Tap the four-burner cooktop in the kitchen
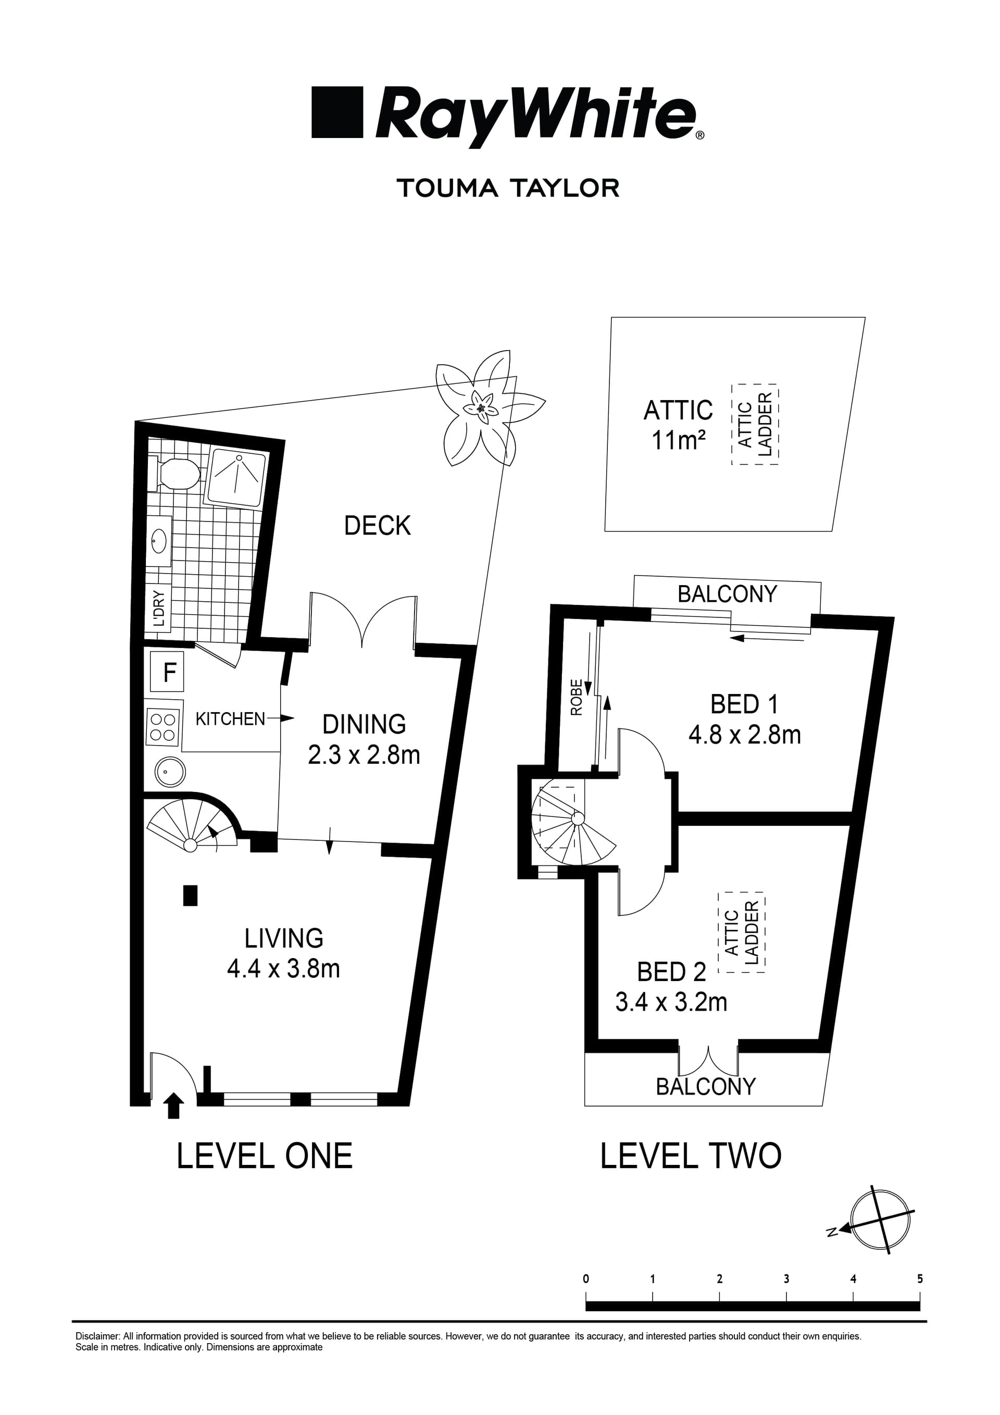(163, 727)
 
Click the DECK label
(377, 526)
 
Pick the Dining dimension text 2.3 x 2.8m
(364, 755)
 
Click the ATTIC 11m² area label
(678, 425)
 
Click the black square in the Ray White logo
(336, 112)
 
